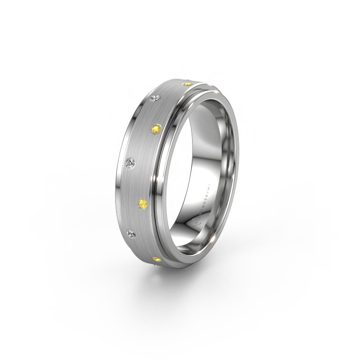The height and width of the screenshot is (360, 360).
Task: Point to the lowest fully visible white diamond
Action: pyautogui.click(x=130, y=233)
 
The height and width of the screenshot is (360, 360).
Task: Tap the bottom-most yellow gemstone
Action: pyautogui.click(x=156, y=259)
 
